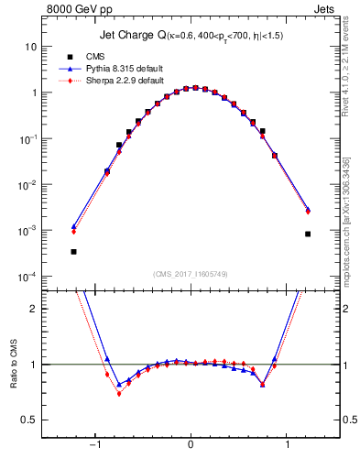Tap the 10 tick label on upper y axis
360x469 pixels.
point(30,46)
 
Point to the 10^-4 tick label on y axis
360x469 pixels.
point(27,277)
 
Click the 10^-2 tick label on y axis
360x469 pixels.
point(27,184)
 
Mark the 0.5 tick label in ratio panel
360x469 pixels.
point(29,420)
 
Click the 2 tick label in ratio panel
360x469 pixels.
point(34,309)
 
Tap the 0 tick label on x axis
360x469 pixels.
point(191,446)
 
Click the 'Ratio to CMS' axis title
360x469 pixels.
point(14,364)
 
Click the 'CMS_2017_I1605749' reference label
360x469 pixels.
point(191,274)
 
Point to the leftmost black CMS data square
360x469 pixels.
point(73,251)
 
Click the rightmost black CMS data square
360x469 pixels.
point(308,234)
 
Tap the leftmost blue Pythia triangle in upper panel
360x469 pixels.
point(73,226)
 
